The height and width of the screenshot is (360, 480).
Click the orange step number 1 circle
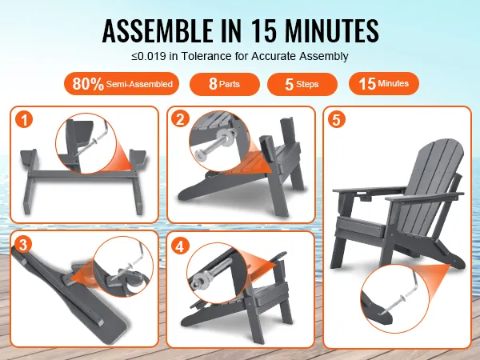tap(24, 119)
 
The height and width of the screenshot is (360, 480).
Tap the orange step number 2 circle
tap(180, 118)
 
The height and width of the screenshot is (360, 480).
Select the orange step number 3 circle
tap(23, 245)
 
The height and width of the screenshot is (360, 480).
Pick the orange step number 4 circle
tap(180, 246)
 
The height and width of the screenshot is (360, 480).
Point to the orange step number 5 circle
tap(337, 119)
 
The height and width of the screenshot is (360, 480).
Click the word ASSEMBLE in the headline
tap(158, 30)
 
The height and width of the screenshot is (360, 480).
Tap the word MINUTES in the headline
tap(332, 30)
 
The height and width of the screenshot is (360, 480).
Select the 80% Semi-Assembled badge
tap(122, 83)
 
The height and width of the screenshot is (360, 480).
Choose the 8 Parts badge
tap(225, 84)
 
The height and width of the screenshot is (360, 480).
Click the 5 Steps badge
tap(302, 84)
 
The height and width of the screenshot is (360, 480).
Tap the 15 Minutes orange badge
tap(384, 83)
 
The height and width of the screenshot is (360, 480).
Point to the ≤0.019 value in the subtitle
tap(149, 56)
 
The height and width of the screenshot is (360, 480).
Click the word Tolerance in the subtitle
tap(206, 56)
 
